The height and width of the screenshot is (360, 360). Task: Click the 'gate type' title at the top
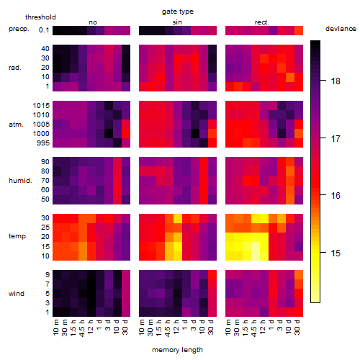point(178,12)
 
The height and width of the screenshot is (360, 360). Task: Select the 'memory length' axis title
point(177,350)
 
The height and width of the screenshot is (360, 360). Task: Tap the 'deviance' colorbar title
point(341,29)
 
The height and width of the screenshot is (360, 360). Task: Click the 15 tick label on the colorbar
point(336,253)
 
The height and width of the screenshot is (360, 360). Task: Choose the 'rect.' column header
point(262,22)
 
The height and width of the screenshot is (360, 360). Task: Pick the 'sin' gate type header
point(177,22)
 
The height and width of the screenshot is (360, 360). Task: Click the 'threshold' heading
point(40,17)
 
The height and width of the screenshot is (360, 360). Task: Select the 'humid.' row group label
point(20,181)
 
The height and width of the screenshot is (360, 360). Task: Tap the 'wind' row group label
point(17,294)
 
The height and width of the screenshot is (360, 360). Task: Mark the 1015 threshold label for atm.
point(41,106)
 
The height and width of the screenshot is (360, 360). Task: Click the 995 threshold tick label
point(43,143)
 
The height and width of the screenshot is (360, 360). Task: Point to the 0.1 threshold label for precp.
point(44,30)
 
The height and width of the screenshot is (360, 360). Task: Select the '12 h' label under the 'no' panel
point(90,327)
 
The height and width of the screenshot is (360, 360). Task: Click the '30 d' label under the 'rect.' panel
point(297,327)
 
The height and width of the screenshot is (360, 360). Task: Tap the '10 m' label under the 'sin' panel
point(142,327)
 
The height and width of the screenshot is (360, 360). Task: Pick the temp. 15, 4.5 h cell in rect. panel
point(256,246)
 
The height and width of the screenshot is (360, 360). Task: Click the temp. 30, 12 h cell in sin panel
point(178,219)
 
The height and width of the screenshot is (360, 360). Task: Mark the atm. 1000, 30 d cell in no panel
point(126,134)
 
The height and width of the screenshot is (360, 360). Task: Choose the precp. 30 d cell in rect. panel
point(299,30)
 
